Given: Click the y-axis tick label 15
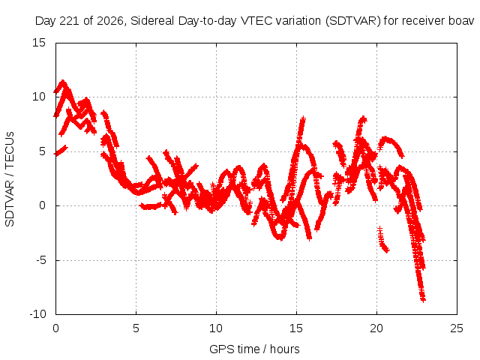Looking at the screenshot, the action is [x=38, y=43].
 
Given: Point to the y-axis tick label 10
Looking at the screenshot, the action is [x=38, y=97].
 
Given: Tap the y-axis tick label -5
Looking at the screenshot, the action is [x=40, y=260].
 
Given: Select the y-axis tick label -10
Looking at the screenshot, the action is [x=37, y=314].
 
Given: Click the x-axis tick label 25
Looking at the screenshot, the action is [x=457, y=328].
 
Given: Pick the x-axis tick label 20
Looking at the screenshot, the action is [x=376, y=328].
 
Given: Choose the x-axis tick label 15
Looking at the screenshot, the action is [x=296, y=328].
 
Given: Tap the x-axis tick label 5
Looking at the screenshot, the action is [x=136, y=328].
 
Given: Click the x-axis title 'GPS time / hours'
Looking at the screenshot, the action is [x=254, y=349].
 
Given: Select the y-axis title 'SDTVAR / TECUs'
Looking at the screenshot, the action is [x=10, y=179].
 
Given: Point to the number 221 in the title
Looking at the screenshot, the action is [x=70, y=21].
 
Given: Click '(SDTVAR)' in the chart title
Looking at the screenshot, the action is [x=353, y=21].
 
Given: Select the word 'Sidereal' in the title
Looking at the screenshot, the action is [x=152, y=21].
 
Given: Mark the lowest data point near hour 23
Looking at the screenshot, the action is [x=423, y=300].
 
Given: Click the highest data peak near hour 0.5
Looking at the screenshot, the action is [x=63, y=82].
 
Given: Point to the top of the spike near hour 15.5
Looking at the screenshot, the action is [x=303, y=118].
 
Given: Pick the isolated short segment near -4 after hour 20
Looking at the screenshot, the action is [x=383, y=240].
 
